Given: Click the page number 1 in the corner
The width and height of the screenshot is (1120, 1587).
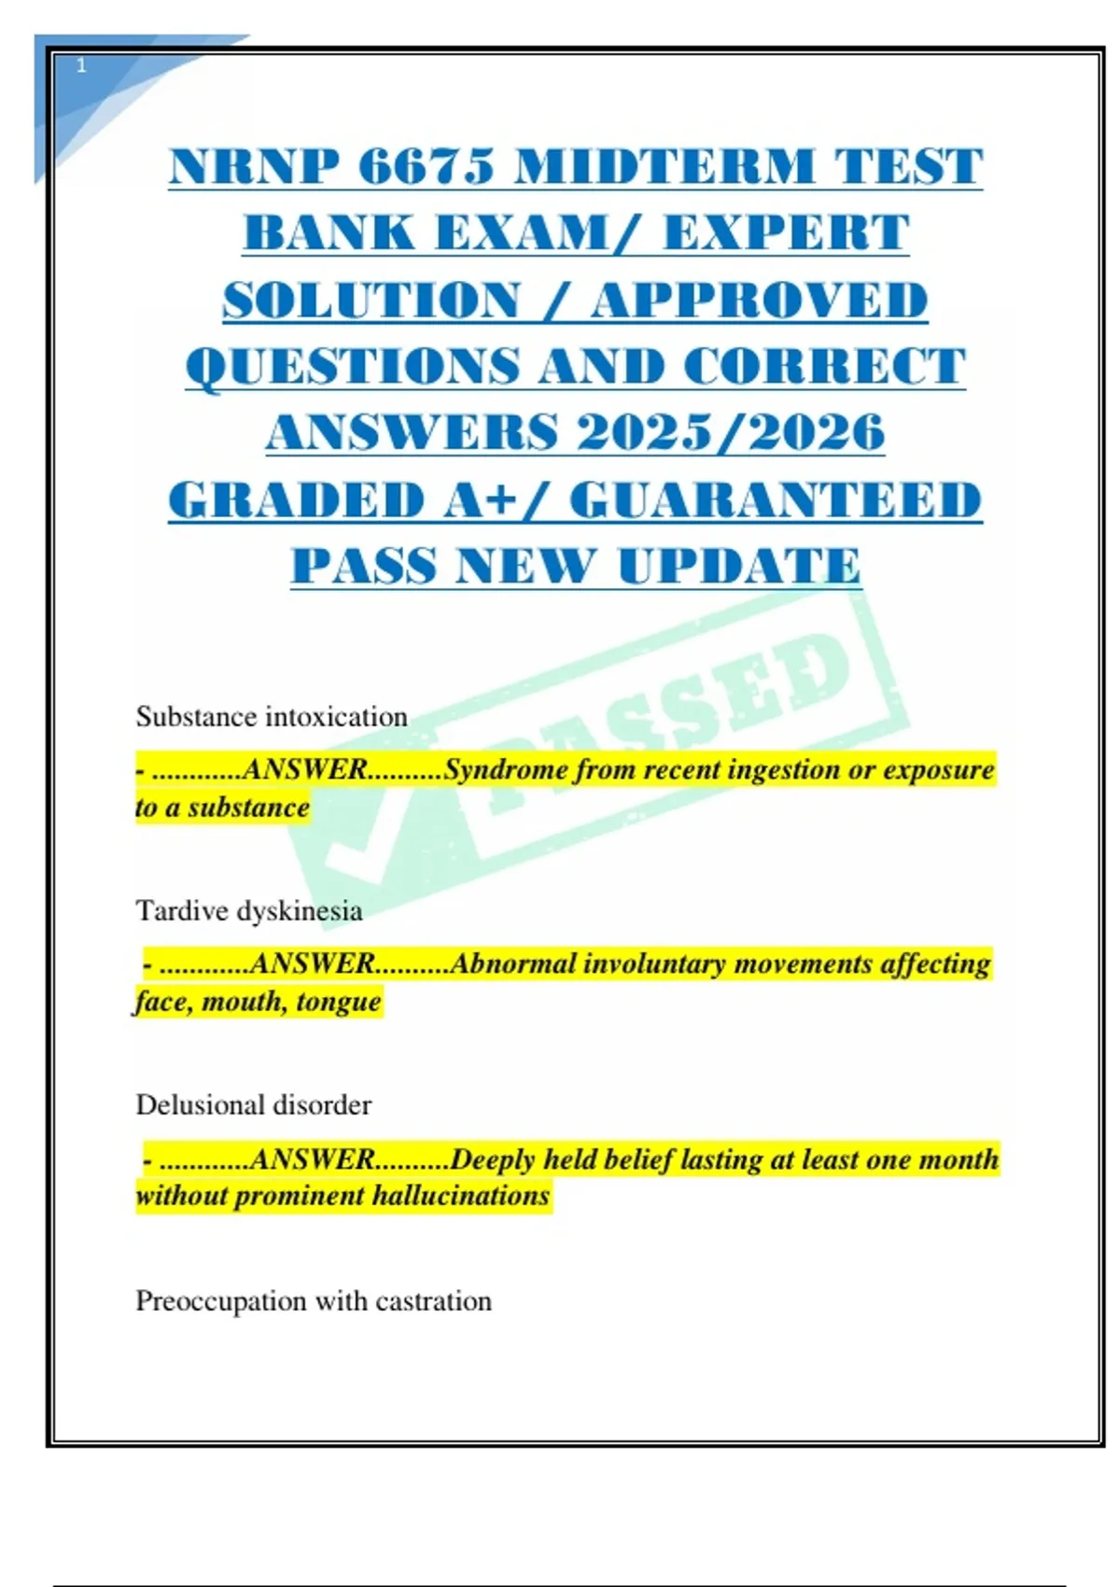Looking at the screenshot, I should click(x=81, y=65).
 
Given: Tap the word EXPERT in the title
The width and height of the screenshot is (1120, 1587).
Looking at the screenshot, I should click(x=786, y=232).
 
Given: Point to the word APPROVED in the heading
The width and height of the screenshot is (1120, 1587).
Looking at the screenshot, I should click(x=759, y=300).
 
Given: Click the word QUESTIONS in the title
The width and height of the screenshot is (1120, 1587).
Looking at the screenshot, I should click(x=353, y=366).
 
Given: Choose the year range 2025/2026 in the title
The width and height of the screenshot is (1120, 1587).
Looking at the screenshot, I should click(x=730, y=432).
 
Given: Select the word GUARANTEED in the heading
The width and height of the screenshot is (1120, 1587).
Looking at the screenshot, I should click(x=776, y=499).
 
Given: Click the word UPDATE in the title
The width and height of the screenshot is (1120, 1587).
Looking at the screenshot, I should click(x=739, y=566).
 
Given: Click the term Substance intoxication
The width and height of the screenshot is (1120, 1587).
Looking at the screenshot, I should click(x=272, y=717).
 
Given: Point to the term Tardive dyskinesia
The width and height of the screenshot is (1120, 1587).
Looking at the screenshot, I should click(x=249, y=910).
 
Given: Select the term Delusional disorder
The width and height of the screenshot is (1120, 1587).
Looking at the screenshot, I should click(x=254, y=1105).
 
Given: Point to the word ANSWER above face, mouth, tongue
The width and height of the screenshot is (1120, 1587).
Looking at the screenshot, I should click(x=313, y=963).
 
